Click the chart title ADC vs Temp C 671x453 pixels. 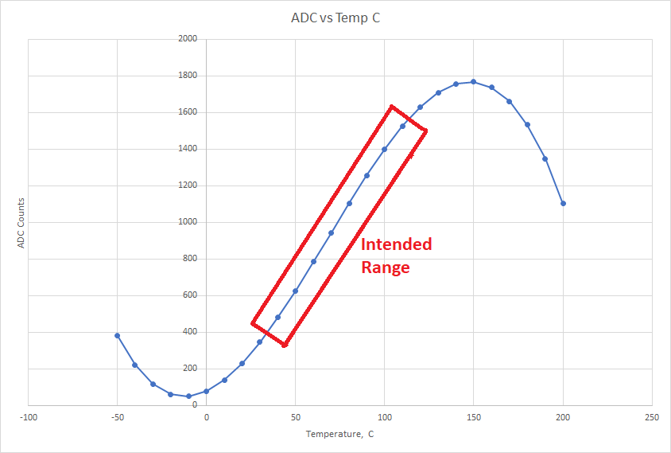tap(335, 18)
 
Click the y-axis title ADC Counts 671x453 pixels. tap(22, 222)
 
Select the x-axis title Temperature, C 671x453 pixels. tap(339, 435)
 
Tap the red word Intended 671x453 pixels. tap(396, 244)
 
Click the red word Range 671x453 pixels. tap(386, 268)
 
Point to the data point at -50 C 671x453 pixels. tap(117, 335)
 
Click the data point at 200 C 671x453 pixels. tap(563, 203)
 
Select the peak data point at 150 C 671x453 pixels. tap(473, 81)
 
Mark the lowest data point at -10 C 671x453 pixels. tap(188, 396)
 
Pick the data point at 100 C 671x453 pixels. tap(384, 149)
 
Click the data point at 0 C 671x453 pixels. tap(206, 391)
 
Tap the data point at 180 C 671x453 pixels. tap(527, 124)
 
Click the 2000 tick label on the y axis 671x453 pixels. tap(188, 39)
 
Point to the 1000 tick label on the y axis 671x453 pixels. tap(188, 222)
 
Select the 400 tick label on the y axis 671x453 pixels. tap(190, 332)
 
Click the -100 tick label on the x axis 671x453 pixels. tap(28, 417)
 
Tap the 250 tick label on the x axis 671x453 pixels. tap(652, 417)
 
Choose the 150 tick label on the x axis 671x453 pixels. tap(473, 417)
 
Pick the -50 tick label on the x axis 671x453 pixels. tap(117, 417)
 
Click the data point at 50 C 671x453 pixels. tap(295, 291)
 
